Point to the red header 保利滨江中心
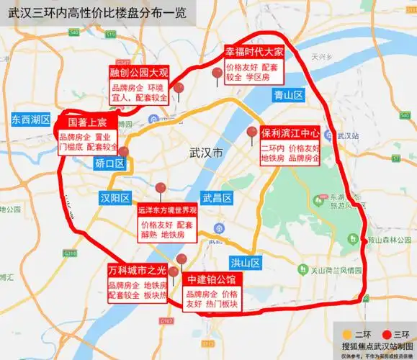click(x=290, y=133)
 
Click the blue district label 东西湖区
click(x=32, y=119)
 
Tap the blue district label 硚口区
click(x=109, y=163)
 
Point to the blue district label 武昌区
click(x=216, y=198)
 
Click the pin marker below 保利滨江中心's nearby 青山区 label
click(x=251, y=132)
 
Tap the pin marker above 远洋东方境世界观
click(x=161, y=189)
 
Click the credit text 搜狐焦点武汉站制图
click(x=372, y=346)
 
